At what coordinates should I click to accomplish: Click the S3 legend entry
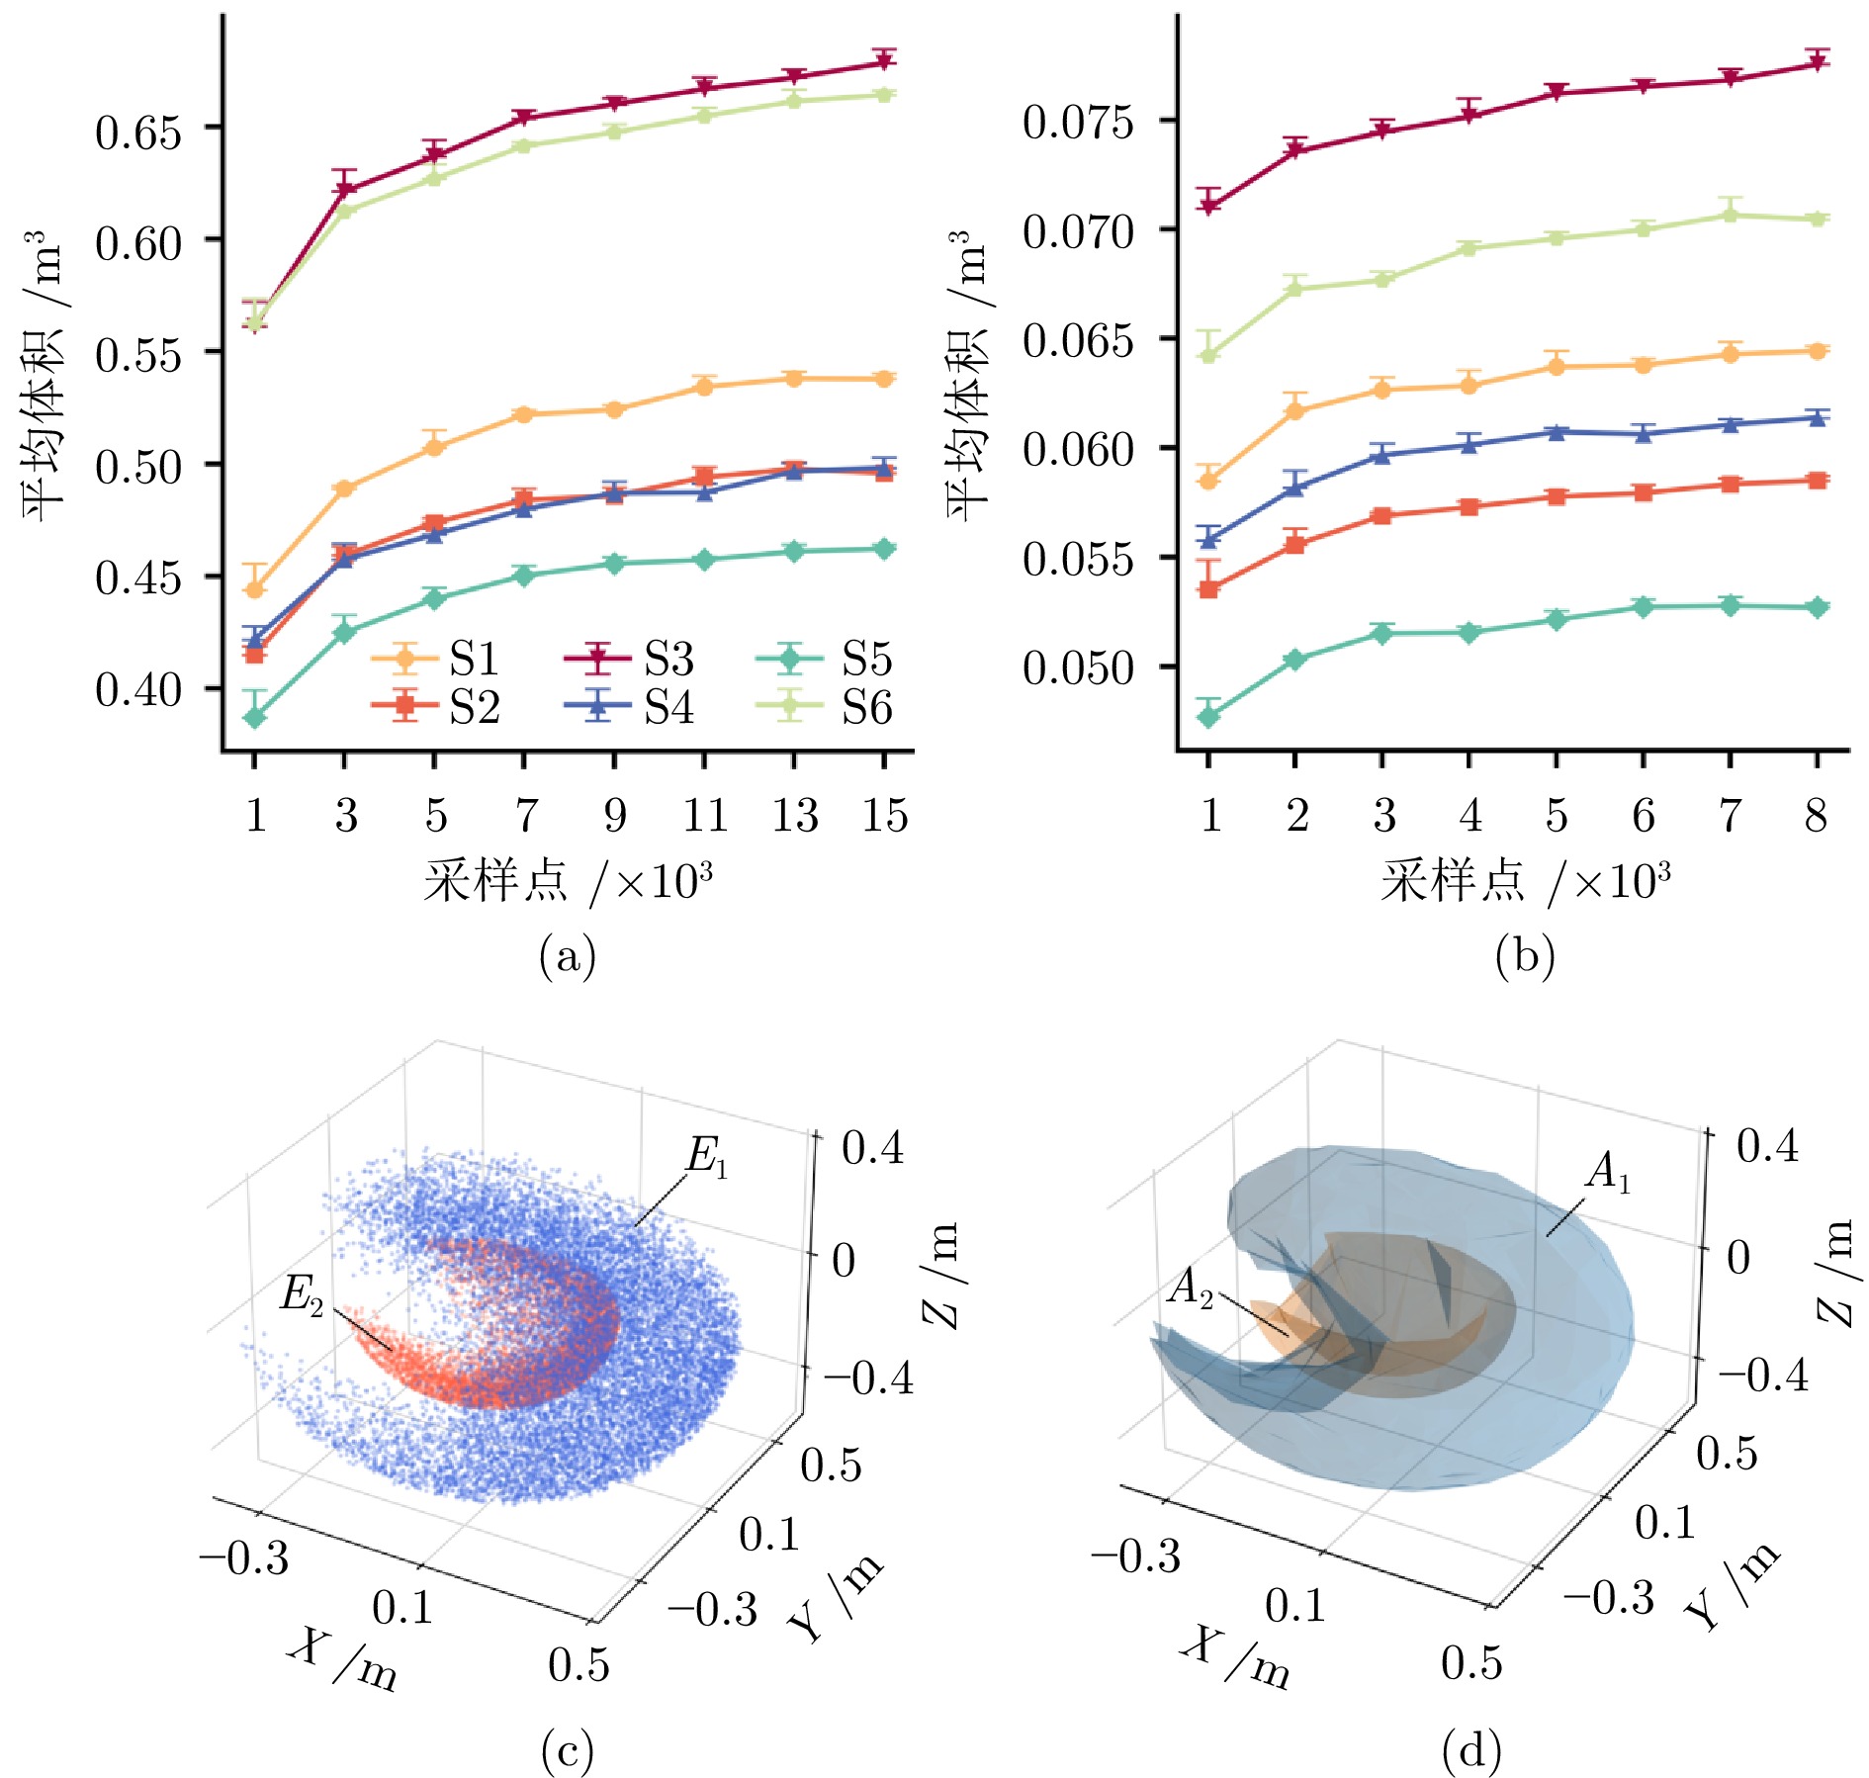[x=628, y=658]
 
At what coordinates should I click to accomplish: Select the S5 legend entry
[x=825, y=658]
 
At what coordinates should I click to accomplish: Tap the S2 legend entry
[x=435, y=706]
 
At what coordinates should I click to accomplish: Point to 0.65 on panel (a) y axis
[x=139, y=131]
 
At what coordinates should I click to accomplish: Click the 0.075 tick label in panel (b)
[x=1078, y=123]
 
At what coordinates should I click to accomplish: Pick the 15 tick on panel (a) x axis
[x=884, y=816]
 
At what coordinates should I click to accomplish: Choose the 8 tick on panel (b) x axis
[x=1817, y=816]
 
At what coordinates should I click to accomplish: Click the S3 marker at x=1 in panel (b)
[x=1208, y=207]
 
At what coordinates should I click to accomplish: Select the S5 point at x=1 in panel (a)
[x=255, y=718]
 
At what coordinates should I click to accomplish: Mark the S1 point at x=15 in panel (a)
[x=884, y=379]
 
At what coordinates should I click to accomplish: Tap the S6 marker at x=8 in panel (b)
[x=1817, y=219]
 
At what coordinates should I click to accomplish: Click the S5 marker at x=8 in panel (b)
[x=1817, y=607]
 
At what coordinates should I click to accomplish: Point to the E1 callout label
[x=708, y=1155]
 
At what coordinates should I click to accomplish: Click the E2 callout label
[x=303, y=1292]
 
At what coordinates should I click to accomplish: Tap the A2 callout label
[x=1192, y=1288]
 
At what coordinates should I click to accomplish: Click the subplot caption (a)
[x=568, y=955]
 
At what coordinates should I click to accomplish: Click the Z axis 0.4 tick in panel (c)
[x=872, y=1148]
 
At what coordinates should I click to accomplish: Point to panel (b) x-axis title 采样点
[x=1453, y=878]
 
